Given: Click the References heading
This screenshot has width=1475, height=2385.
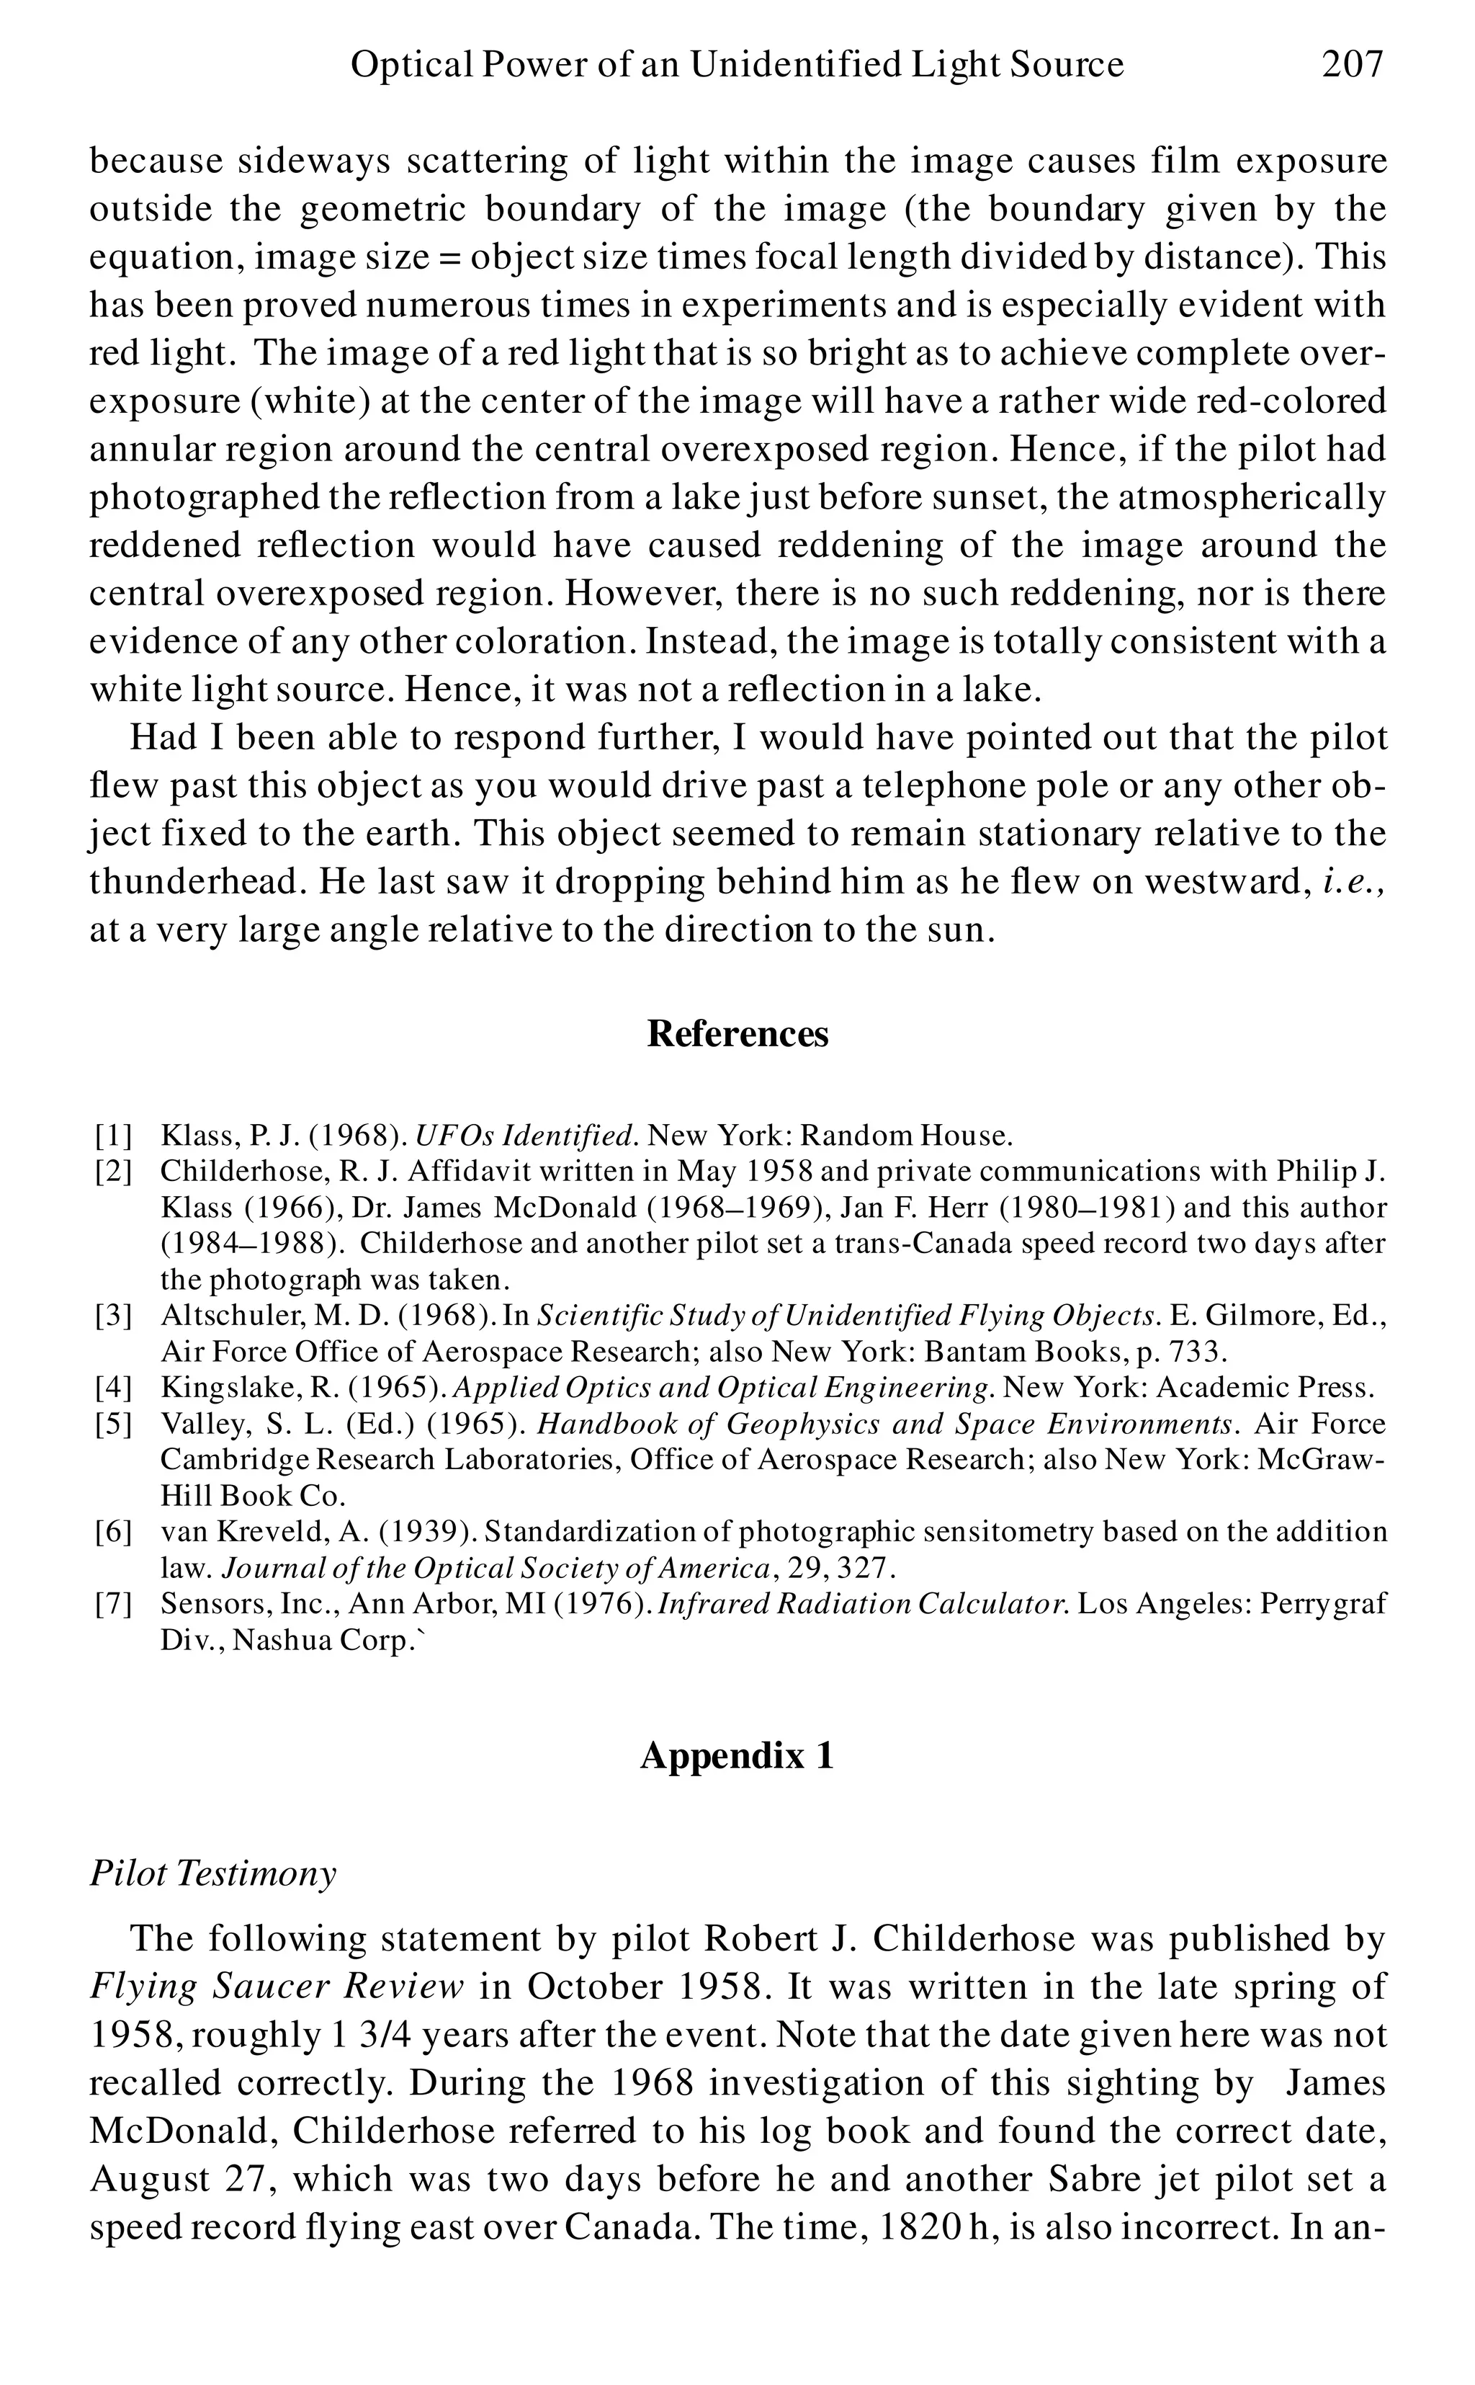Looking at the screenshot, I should point(737,1033).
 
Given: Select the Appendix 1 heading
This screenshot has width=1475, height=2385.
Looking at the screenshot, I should point(737,1755).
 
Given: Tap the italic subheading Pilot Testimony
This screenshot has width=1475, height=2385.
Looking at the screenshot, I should point(212,1873).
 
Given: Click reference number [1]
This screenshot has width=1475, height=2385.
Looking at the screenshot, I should point(113,1136).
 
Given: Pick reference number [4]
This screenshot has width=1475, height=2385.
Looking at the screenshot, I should point(113,1388).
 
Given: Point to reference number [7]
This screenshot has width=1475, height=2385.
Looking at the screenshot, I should point(113,1605).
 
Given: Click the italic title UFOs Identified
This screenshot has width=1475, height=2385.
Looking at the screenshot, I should point(526,1136).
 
